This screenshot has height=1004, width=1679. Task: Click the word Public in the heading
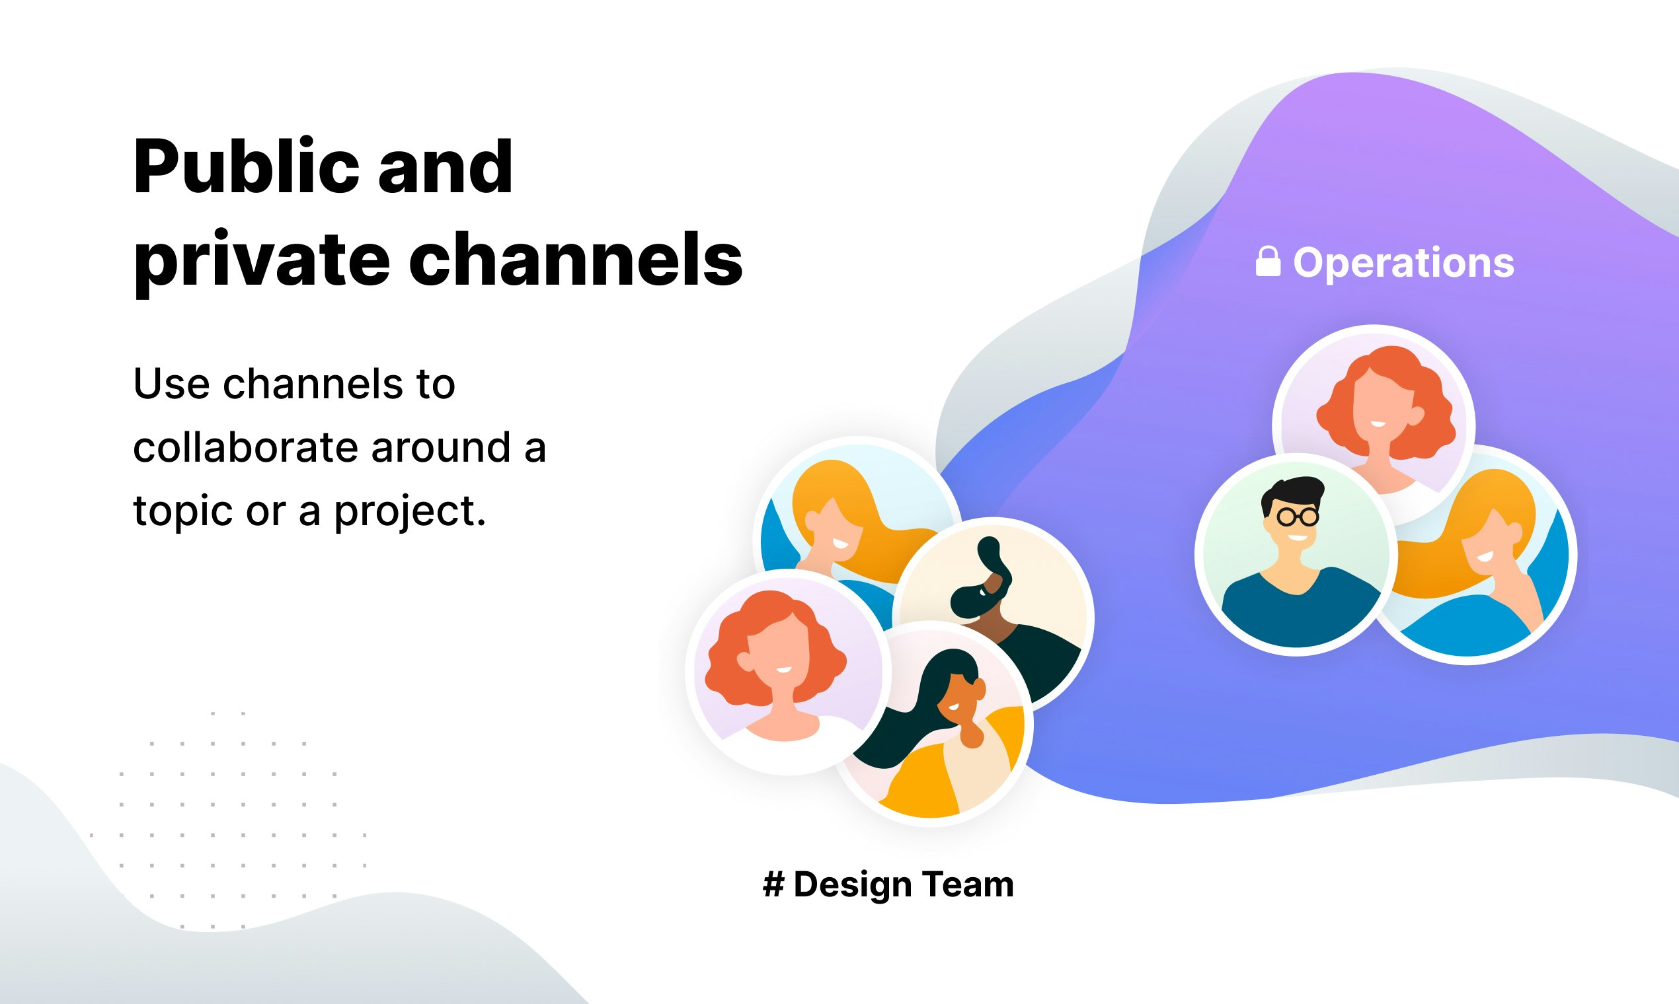[246, 167]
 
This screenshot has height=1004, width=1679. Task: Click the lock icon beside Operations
[1268, 262]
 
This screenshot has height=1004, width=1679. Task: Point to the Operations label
[1403, 264]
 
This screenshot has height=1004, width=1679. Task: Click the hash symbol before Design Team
[774, 884]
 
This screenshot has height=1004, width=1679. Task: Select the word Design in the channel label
[852, 886]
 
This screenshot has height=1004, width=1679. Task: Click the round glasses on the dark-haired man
[1297, 518]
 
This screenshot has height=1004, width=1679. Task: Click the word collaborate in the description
[246, 447]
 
